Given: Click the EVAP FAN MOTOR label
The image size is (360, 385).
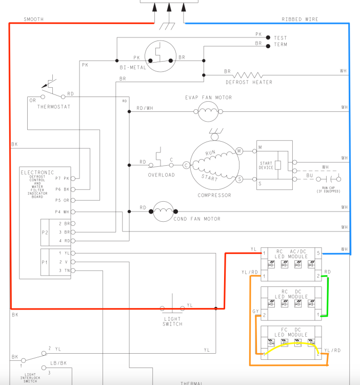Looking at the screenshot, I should pos(208,98).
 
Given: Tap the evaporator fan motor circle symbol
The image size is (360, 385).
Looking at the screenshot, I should pos(208,111).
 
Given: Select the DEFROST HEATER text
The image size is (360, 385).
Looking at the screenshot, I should pos(249,82).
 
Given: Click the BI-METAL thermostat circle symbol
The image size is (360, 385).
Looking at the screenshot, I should pos(160,56).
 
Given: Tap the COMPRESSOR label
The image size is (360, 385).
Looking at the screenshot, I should pos(214,195).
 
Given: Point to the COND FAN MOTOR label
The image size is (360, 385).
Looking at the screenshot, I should pos(197,219).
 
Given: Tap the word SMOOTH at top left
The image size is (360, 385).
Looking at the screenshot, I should pos(34,19).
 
